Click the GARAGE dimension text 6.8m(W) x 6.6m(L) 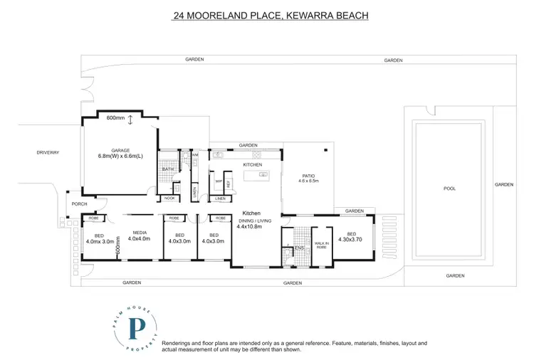[x=120, y=157]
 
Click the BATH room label [x=167, y=169]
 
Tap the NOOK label [x=169, y=198]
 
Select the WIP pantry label [x=220, y=181]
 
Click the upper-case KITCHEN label [x=253, y=165]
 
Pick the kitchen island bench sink [x=263, y=174]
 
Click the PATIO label [x=308, y=176]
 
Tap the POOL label [x=449, y=189]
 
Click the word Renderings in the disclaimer [x=178, y=343]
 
